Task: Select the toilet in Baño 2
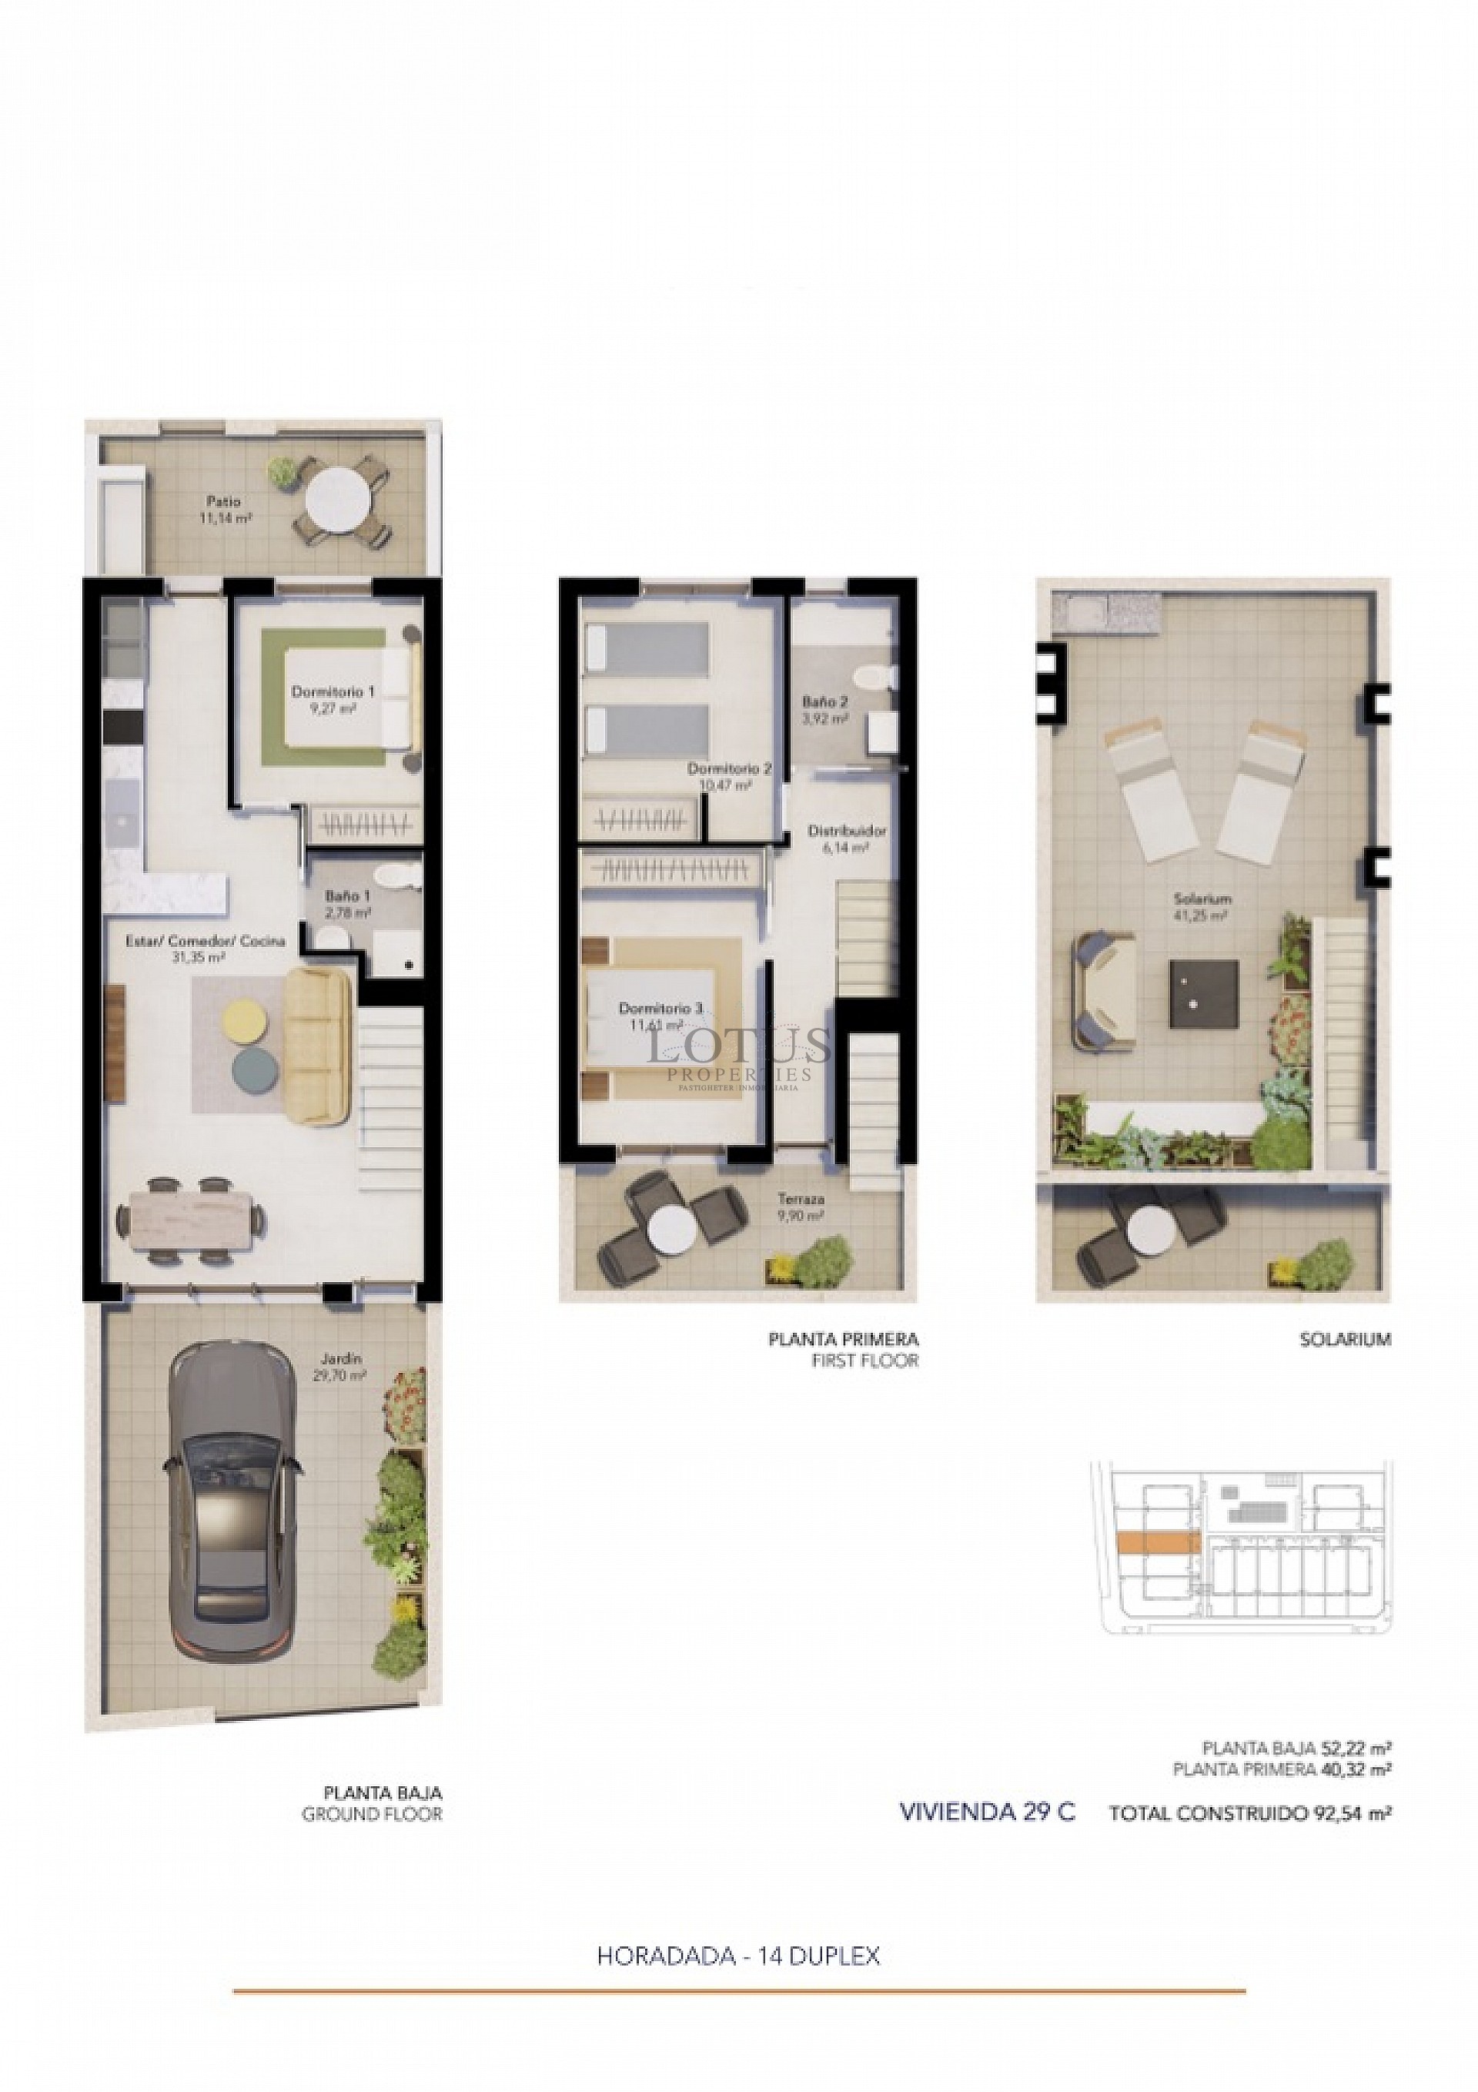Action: (x=879, y=676)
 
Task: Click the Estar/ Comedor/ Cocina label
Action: (x=205, y=941)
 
